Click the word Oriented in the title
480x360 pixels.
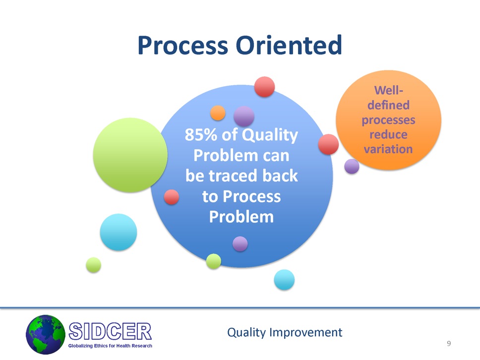(289, 45)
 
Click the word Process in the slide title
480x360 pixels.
(183, 46)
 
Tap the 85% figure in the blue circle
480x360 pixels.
(201, 135)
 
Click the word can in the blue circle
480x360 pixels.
(276, 156)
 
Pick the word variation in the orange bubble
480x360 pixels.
(388, 149)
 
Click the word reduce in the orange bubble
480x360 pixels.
(388, 134)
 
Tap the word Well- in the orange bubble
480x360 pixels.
(388, 90)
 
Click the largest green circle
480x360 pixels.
(130, 155)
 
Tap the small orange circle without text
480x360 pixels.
(218, 113)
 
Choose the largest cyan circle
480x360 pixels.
(119, 232)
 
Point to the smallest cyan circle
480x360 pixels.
(284, 280)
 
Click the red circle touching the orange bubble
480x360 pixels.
(328, 144)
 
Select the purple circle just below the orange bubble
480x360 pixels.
(352, 166)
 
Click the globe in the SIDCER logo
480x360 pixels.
(46, 335)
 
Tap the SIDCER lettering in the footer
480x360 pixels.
(110, 331)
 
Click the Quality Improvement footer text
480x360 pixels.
(285, 332)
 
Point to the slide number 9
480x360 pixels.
(449, 344)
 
